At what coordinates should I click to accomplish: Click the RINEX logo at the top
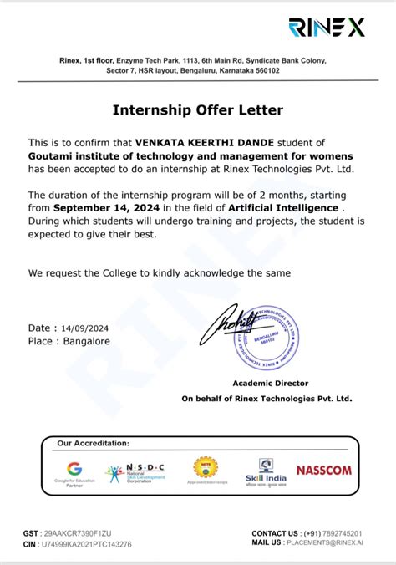click(327, 28)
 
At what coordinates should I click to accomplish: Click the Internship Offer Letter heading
click(198, 109)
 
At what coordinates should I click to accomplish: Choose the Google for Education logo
click(75, 472)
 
